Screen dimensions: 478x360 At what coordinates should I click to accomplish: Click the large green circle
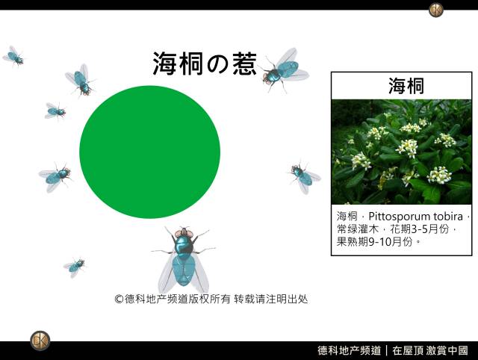[x=149, y=152]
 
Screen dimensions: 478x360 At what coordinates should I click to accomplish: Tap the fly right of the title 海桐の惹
[x=284, y=70]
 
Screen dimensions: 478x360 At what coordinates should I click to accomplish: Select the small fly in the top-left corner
[x=13, y=56]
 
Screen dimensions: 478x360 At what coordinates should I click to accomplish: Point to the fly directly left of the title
[x=81, y=80]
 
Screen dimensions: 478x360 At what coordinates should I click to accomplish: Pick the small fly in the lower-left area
[x=75, y=267]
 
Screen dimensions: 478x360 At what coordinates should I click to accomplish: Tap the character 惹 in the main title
[x=244, y=63]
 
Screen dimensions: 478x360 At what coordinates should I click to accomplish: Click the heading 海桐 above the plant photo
[x=406, y=86]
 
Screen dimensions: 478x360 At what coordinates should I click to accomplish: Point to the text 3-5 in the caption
[x=420, y=229]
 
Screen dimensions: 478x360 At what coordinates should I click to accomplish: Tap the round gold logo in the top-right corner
[x=436, y=10]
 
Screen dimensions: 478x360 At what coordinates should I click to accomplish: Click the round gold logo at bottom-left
[x=40, y=341]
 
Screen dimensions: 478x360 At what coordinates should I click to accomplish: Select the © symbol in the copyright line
[x=119, y=299]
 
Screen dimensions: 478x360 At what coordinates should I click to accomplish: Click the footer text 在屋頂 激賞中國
[x=430, y=350]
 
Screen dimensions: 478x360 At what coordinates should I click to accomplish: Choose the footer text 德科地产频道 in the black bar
[x=349, y=350]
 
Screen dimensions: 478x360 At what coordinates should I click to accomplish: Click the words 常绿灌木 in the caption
[x=358, y=229]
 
